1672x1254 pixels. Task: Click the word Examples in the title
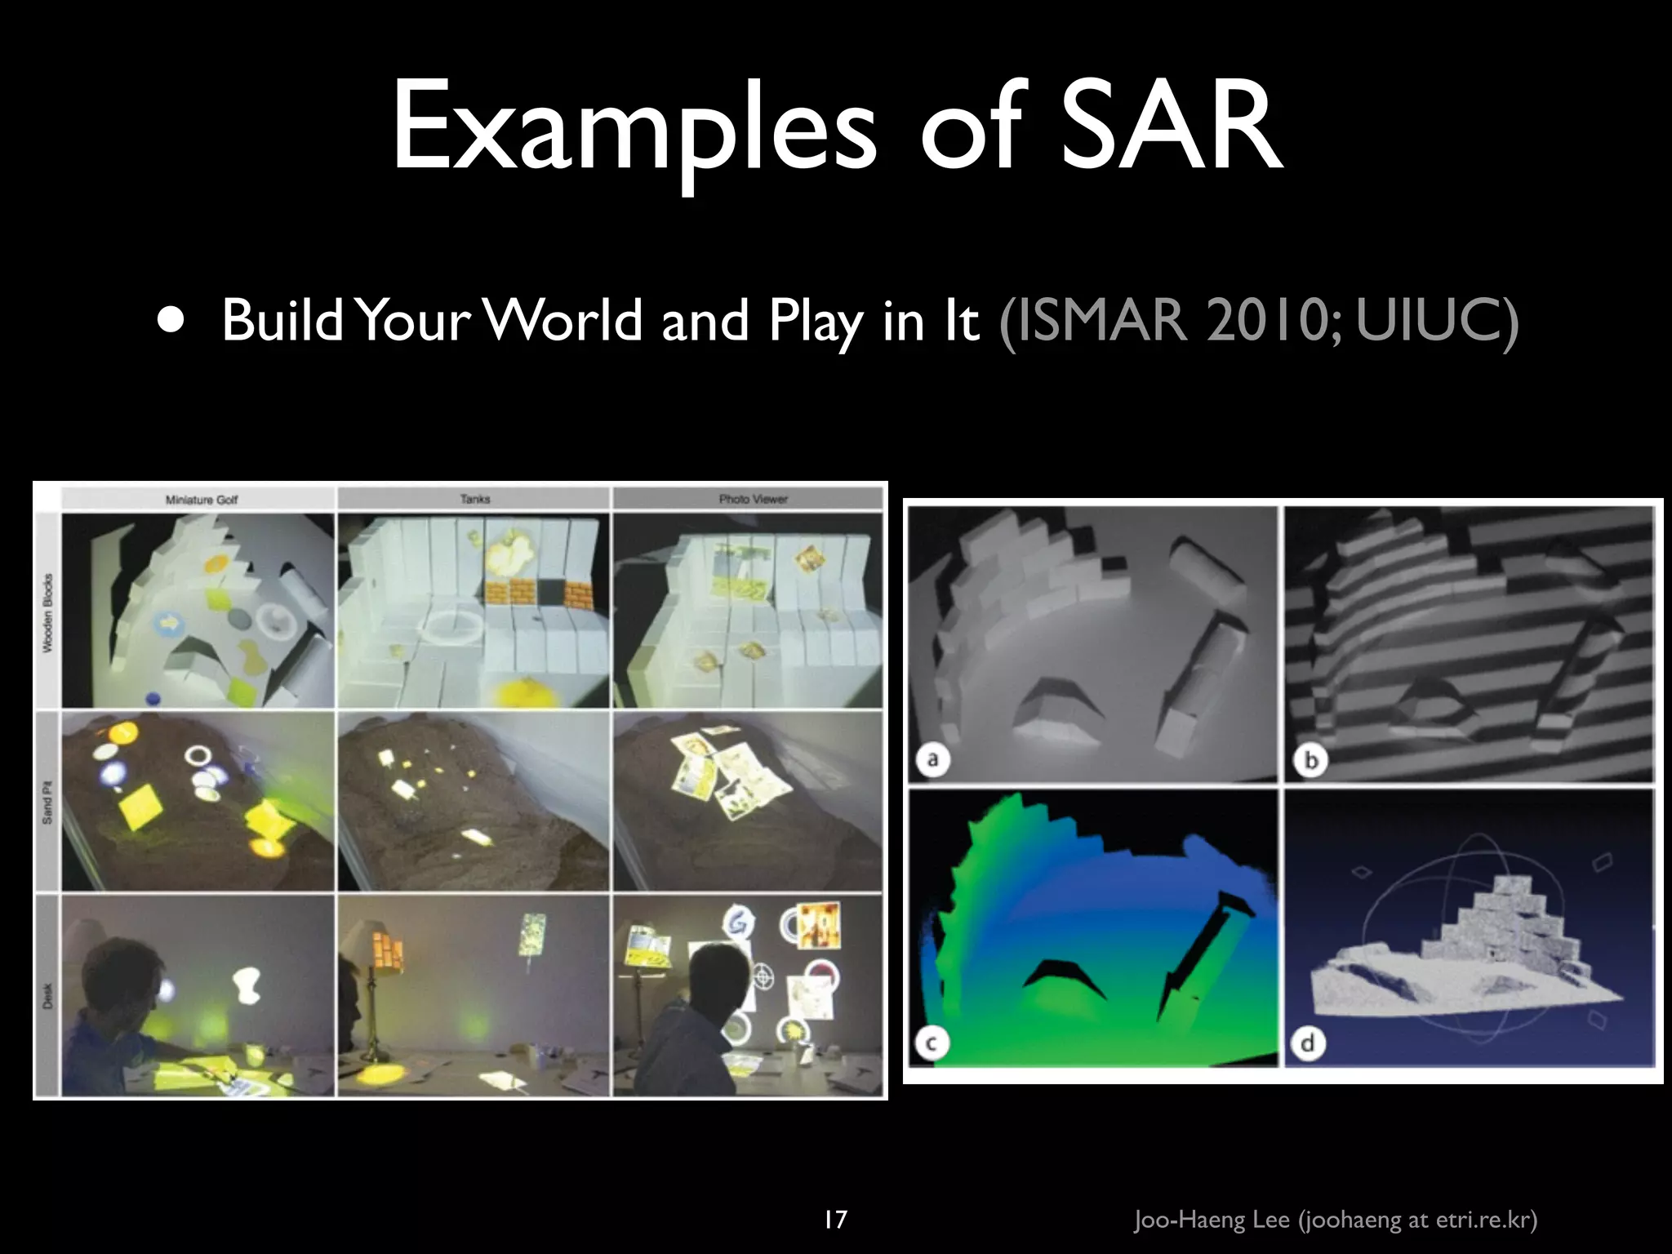[x=634, y=131]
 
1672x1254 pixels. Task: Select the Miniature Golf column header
[x=201, y=499]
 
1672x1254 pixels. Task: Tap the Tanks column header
[x=474, y=499]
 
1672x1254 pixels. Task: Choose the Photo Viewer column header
[x=753, y=499]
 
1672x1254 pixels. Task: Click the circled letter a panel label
[x=932, y=760]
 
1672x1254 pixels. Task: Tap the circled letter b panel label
[x=1310, y=760]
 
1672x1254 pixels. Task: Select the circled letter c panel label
[x=932, y=1043]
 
